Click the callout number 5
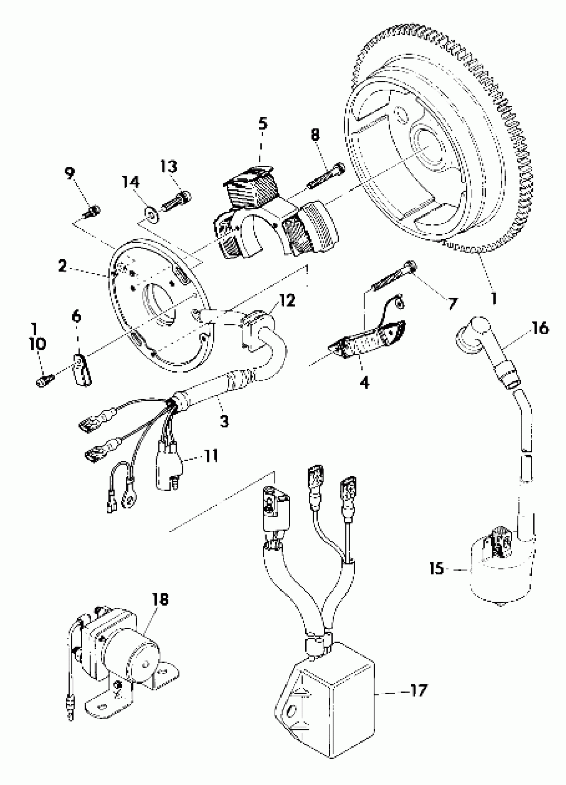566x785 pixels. tap(263, 123)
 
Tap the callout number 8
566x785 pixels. tap(315, 134)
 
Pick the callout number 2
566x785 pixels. tap(62, 266)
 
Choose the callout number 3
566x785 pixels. tap(224, 421)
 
